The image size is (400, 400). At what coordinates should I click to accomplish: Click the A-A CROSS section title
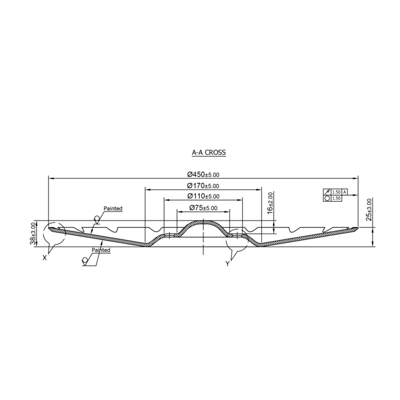click(x=209, y=153)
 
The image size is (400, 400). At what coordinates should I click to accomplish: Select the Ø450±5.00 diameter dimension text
click(x=203, y=174)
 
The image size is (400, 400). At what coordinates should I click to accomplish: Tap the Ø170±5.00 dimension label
click(x=203, y=186)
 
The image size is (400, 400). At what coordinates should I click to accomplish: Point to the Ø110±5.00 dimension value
click(x=203, y=196)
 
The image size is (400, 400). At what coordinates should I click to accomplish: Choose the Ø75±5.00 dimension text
click(x=203, y=208)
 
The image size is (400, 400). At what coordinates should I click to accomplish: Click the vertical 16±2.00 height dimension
click(x=270, y=203)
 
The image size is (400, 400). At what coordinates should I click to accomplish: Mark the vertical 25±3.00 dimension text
click(x=369, y=210)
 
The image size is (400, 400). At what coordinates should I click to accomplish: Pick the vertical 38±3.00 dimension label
click(x=33, y=234)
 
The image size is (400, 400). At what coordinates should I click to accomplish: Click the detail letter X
click(x=45, y=258)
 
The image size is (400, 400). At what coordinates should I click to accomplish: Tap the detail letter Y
click(x=227, y=264)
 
